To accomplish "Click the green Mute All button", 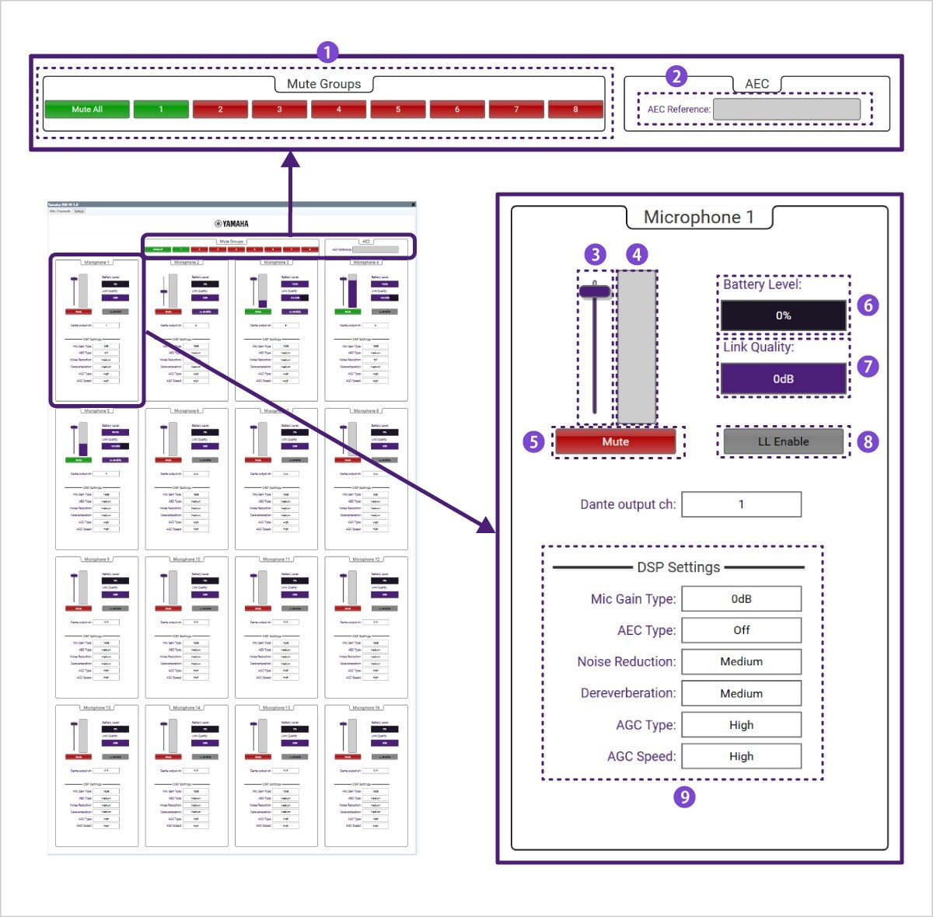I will [86, 109].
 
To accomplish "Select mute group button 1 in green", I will [161, 109].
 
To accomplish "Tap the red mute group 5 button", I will [397, 109].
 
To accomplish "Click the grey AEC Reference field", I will [786, 109].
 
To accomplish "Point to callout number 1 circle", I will [327, 52].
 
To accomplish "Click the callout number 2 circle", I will [676, 76].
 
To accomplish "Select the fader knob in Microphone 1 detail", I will [595, 291].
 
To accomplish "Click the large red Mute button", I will [615, 441].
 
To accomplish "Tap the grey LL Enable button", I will [783, 441].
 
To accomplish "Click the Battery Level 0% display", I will [783, 316].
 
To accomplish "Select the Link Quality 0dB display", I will [783, 378].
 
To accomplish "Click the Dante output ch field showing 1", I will [741, 504].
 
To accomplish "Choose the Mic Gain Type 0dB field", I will [741, 599].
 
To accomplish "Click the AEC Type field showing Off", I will [741, 630].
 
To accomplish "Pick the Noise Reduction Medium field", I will [741, 661].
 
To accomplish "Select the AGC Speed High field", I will [741, 756].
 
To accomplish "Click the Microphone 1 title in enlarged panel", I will [698, 218].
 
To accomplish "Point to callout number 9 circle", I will [684, 797].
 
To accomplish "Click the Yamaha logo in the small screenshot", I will [232, 224].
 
